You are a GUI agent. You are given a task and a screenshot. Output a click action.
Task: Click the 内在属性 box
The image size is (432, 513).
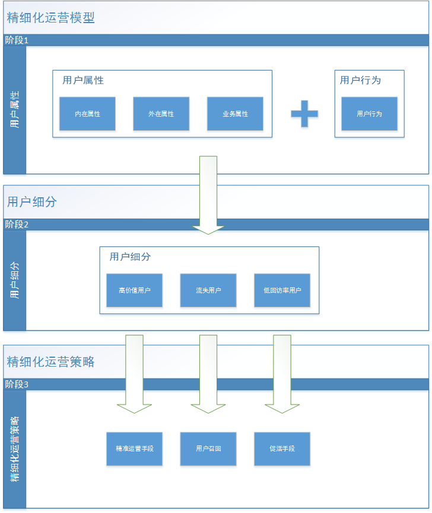point(87,114)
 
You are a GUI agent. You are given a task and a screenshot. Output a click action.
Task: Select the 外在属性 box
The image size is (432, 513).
point(161,114)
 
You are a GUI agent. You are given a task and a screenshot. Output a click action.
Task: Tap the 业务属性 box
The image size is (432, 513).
point(235,114)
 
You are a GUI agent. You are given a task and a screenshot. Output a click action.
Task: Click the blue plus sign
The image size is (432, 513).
point(304,113)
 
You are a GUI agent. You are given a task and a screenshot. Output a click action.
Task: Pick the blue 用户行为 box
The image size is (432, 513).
point(369,114)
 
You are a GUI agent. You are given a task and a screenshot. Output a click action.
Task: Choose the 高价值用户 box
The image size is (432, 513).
point(134,290)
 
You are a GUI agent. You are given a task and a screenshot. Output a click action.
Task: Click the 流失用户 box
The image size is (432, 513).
point(208,290)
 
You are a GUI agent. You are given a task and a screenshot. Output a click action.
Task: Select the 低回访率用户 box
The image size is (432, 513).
point(282,290)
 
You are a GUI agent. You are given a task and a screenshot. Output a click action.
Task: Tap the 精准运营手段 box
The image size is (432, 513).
point(134,448)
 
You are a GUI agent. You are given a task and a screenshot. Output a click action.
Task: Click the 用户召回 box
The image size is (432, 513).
point(208,448)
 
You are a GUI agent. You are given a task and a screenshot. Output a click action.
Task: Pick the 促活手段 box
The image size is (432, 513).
point(282,448)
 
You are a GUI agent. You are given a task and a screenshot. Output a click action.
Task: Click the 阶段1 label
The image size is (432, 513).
point(17,40)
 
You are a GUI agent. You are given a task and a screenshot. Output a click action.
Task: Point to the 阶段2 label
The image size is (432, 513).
point(17,225)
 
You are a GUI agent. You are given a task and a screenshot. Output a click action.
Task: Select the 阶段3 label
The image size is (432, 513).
point(17,384)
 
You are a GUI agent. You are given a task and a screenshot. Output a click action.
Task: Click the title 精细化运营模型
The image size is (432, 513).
point(50,18)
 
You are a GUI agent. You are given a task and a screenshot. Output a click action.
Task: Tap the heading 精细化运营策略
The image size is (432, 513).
point(50,361)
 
